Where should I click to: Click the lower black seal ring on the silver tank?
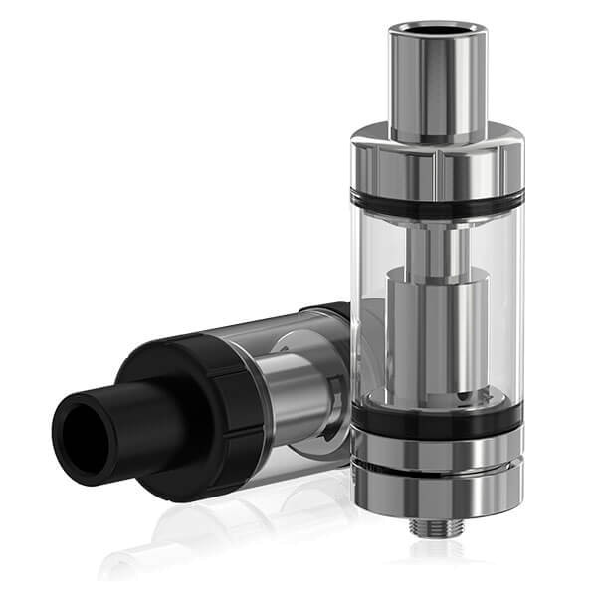point(437,419)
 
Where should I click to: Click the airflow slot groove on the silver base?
point(437,465)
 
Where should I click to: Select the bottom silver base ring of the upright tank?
point(437,488)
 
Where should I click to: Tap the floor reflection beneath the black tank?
point(199,537)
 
